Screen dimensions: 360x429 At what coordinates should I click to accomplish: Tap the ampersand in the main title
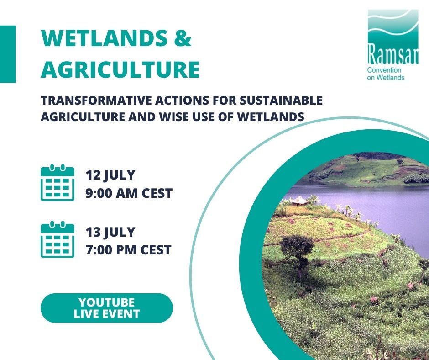point(183,39)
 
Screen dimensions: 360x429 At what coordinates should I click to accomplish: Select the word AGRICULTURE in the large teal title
point(120,70)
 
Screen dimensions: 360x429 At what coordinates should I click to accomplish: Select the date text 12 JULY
point(111,175)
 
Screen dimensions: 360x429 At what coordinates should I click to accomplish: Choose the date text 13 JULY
point(111,232)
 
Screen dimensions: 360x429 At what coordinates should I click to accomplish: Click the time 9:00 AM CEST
point(129,194)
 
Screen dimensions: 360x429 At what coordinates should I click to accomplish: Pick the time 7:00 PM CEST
point(129,250)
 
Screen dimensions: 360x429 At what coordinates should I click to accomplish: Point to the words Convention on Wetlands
point(386,74)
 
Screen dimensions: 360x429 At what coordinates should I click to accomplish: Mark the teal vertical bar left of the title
point(7,54)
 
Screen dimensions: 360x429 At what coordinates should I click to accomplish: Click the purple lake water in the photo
point(374,201)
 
